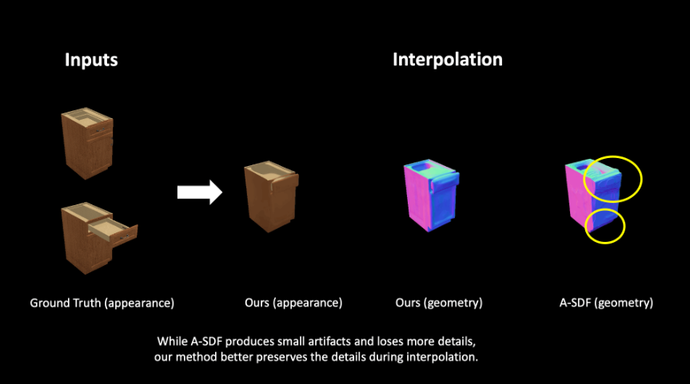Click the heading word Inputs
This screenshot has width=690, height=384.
(91, 60)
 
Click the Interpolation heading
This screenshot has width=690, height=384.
(448, 60)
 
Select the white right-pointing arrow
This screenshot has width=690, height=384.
(200, 192)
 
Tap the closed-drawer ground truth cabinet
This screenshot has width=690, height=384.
(87, 143)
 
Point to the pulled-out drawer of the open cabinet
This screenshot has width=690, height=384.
(114, 231)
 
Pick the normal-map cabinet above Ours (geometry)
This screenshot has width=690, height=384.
(431, 195)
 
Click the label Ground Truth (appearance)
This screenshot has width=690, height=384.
(102, 303)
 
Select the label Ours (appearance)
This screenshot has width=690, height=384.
(293, 303)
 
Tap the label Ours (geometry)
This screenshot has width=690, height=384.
(439, 303)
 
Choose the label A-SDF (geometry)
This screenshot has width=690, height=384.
(606, 303)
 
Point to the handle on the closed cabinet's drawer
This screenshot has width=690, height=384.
(101, 130)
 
